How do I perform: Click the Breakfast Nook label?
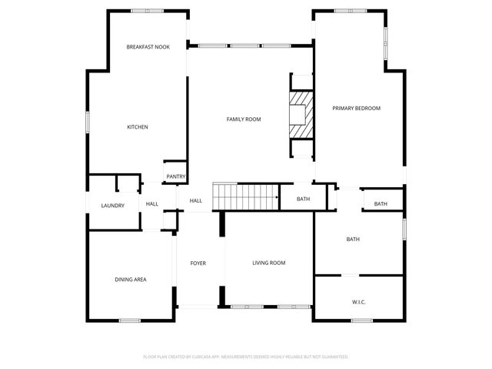(x=148, y=47)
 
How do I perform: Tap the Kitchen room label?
(x=138, y=127)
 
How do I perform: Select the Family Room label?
(x=244, y=119)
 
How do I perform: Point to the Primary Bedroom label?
(x=356, y=109)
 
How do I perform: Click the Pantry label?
(x=175, y=176)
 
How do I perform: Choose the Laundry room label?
(x=113, y=206)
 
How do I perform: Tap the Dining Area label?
(x=131, y=280)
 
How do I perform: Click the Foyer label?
(x=198, y=263)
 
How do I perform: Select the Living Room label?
(x=269, y=263)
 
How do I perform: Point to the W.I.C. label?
(x=358, y=301)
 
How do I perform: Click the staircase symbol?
(x=245, y=196)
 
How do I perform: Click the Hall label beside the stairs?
(x=196, y=201)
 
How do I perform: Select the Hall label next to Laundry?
(x=152, y=204)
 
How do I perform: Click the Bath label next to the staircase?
(x=303, y=200)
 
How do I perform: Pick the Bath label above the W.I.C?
(x=353, y=240)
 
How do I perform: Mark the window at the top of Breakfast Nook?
(x=147, y=10)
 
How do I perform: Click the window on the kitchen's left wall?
(x=88, y=122)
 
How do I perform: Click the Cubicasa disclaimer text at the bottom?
(x=246, y=357)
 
